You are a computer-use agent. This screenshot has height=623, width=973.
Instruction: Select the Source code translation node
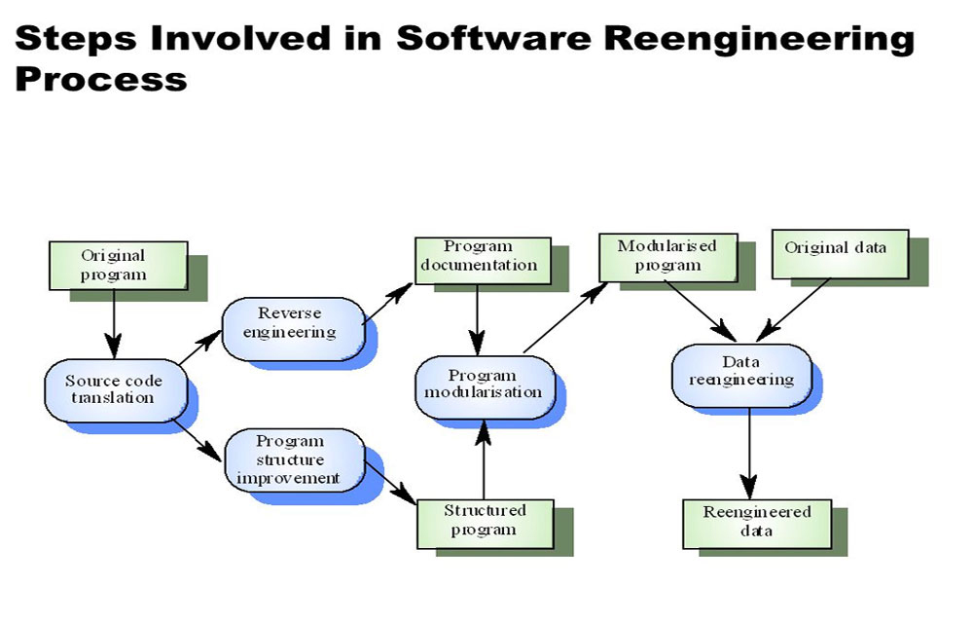pos(110,389)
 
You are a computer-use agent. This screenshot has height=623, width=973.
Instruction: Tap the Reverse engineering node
pos(290,323)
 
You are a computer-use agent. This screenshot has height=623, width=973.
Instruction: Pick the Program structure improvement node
pos(289,459)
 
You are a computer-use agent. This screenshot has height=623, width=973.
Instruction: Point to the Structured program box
pos(485,520)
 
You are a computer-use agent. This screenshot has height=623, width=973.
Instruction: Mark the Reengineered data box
pos(757,522)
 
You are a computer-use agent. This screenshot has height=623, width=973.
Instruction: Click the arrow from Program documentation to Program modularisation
pos(477,317)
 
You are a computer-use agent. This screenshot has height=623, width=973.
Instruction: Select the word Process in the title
pos(100,77)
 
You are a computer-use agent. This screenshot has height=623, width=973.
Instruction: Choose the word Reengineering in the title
pos(768,39)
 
